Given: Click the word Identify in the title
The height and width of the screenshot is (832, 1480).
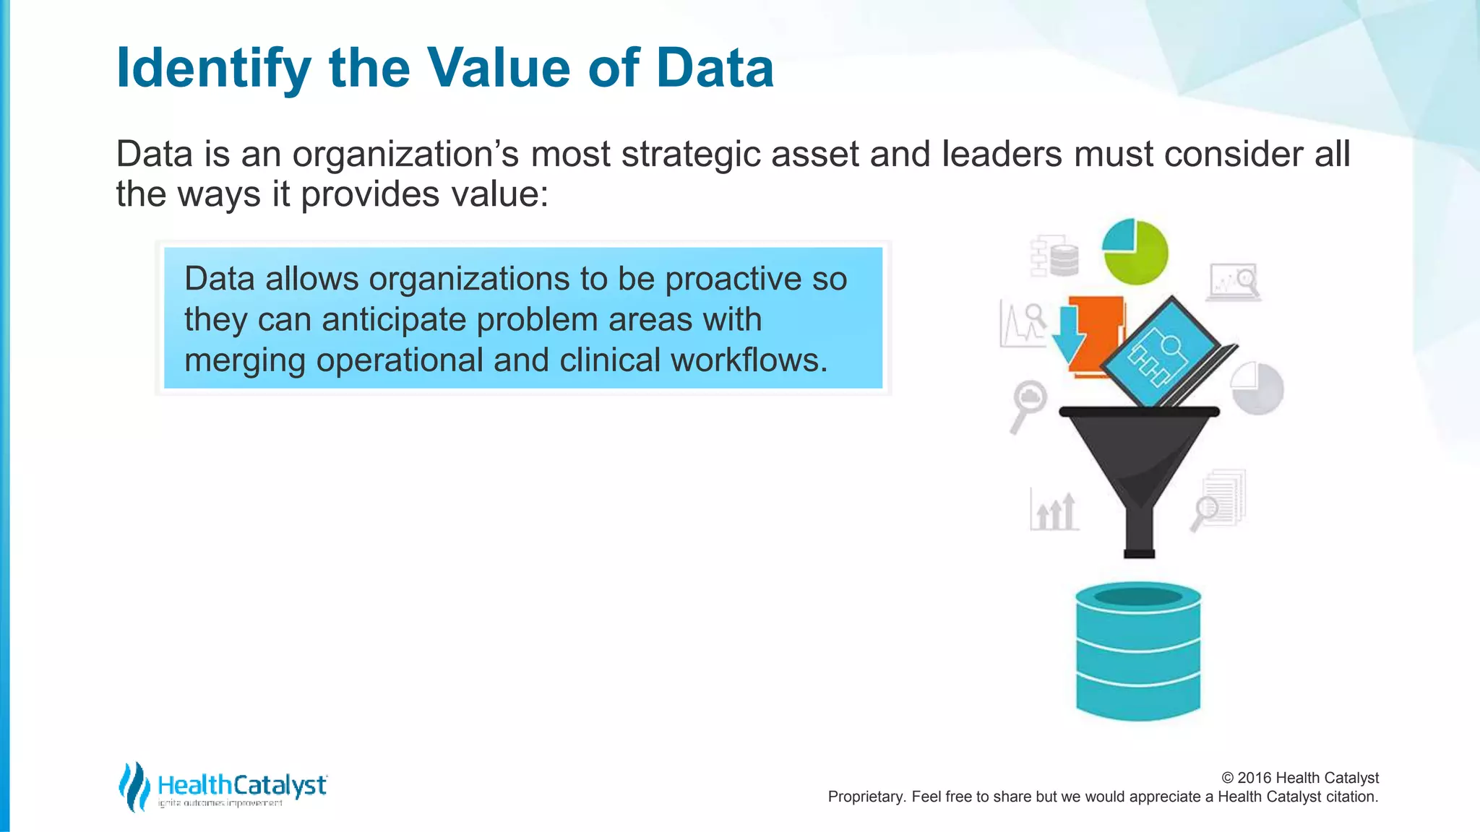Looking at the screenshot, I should (x=213, y=69).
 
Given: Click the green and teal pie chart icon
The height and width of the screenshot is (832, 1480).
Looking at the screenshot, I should (x=1135, y=251).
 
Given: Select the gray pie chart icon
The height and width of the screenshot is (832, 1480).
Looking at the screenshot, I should (x=1257, y=388).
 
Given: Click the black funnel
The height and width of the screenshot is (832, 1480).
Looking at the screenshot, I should (x=1139, y=462).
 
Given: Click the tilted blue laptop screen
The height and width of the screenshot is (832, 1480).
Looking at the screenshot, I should (x=1159, y=352).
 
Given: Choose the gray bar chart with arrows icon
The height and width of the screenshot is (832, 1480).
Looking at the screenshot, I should (x=1054, y=511).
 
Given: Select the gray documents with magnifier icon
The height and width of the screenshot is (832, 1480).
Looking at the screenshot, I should (x=1220, y=500).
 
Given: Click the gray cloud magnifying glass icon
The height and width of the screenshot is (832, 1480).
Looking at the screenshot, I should (x=1028, y=404).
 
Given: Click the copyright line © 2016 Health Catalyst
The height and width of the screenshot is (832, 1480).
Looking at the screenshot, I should (x=1299, y=778).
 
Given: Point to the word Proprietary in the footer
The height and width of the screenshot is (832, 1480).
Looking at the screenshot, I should (x=865, y=797).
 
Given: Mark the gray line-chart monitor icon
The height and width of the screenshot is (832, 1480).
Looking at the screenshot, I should (x=1234, y=282).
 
